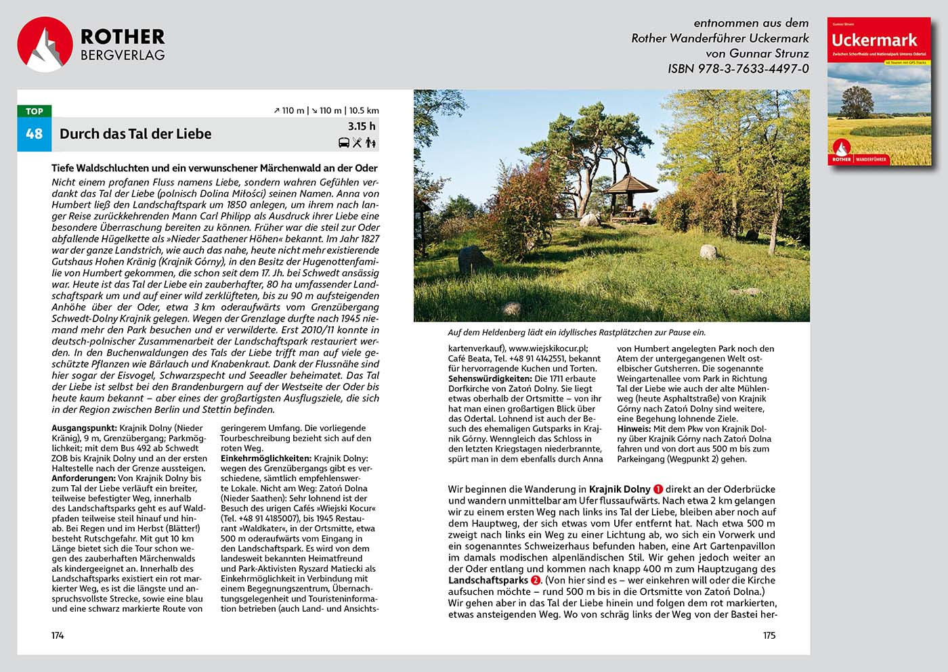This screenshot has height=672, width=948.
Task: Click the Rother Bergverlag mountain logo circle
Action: [45, 44]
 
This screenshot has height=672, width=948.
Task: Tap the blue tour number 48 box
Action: [34, 134]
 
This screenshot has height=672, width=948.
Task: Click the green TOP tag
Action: [34, 112]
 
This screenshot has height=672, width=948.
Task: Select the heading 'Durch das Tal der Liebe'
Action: [135, 134]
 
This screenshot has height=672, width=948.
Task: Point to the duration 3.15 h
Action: [362, 127]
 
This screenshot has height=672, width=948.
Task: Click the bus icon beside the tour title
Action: [344, 143]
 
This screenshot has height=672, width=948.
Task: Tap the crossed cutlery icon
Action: [358, 143]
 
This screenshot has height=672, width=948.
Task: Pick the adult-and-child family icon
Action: [370, 143]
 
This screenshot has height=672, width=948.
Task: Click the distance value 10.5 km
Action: [364, 110]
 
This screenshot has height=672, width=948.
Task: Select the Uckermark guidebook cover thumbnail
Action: [879, 91]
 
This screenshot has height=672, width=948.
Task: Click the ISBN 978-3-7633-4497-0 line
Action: [738, 68]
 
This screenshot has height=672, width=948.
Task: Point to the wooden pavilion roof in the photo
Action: [630, 183]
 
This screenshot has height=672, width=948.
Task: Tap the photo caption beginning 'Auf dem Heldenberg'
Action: [576, 332]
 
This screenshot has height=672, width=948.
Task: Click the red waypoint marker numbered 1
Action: [658, 489]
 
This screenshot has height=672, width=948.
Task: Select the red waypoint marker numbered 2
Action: [536, 581]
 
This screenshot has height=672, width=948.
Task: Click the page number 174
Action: [58, 635]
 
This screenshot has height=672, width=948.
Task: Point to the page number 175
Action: [769, 635]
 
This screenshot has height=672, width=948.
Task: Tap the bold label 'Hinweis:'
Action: [634, 429]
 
